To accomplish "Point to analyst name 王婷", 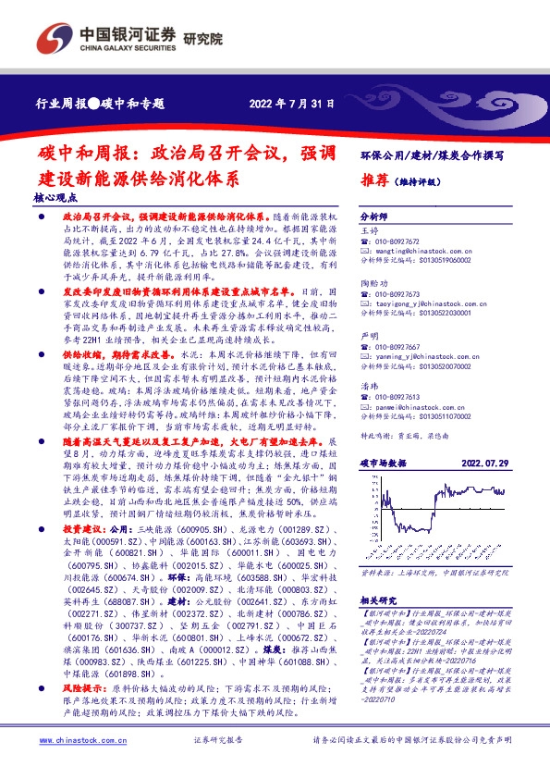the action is point(369,228).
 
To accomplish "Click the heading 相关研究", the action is point(378,600).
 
